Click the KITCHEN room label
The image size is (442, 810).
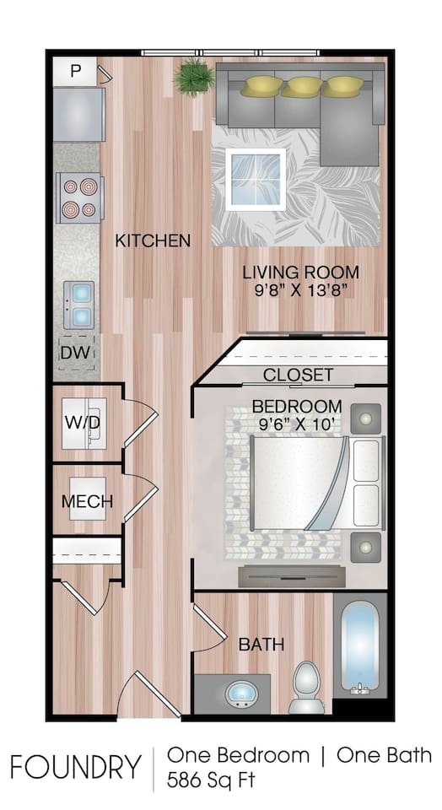click(153, 240)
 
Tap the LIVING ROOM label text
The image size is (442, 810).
click(300, 273)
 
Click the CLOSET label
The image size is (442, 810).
click(298, 375)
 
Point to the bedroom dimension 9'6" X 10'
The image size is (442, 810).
click(297, 425)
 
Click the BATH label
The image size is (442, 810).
click(261, 645)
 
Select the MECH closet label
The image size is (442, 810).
click(87, 501)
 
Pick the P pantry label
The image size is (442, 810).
click(76, 71)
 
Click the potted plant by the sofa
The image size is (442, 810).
click(194, 78)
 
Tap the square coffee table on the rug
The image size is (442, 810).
click(255, 178)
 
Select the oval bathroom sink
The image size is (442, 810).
click(241, 694)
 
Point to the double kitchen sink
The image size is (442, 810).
click(80, 304)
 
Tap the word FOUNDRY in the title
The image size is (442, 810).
click(76, 767)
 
